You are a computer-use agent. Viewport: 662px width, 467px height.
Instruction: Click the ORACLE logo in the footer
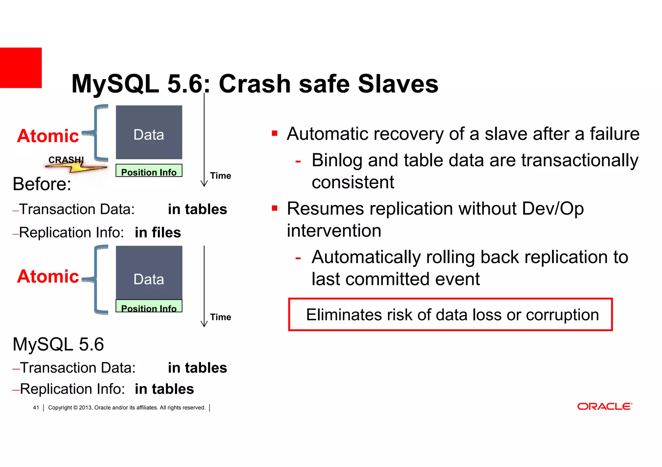(x=604, y=406)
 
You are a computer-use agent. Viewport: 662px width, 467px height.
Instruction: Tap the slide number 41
(x=36, y=408)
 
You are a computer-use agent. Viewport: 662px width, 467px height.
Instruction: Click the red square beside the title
(x=21, y=68)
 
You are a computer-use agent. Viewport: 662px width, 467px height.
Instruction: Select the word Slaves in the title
(x=398, y=84)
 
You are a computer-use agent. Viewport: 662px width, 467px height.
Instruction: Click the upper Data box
(x=149, y=132)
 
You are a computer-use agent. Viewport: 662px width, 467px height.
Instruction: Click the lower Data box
(x=149, y=273)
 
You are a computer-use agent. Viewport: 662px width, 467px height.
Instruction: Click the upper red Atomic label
(x=48, y=136)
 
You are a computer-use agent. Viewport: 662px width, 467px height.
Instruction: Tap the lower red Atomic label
(x=48, y=277)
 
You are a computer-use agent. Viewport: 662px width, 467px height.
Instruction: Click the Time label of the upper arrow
(x=220, y=176)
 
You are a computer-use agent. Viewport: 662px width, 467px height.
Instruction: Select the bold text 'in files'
(x=158, y=233)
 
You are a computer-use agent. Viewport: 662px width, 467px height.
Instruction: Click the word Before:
(x=42, y=184)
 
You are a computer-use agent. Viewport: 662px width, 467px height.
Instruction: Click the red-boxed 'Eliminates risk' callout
(x=450, y=315)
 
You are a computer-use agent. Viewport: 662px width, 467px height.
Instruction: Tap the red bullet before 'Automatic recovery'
(x=275, y=133)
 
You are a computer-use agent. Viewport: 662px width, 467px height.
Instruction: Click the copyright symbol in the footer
(x=75, y=408)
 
